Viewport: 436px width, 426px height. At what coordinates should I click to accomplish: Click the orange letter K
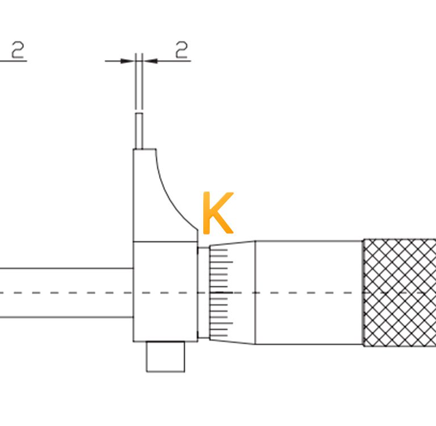(218, 213)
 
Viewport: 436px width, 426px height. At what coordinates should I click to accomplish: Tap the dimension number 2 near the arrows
(182, 50)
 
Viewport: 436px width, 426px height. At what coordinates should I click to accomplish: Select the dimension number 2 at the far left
(18, 50)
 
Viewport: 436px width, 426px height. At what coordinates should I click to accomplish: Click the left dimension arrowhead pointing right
(127, 61)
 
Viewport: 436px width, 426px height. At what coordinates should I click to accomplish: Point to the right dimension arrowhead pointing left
(150, 61)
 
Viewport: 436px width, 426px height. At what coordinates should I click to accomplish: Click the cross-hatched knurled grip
(400, 293)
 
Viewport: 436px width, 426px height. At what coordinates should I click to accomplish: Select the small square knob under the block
(165, 357)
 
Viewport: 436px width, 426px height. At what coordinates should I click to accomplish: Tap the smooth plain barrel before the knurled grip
(309, 293)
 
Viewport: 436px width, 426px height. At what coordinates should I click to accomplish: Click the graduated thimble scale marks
(221, 293)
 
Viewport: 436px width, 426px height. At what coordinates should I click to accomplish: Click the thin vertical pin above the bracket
(139, 131)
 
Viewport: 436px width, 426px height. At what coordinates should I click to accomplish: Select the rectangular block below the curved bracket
(165, 291)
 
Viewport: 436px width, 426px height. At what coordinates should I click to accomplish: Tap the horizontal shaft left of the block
(66, 293)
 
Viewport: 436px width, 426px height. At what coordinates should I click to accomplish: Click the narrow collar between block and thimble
(204, 293)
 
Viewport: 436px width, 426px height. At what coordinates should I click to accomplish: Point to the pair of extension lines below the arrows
(139, 81)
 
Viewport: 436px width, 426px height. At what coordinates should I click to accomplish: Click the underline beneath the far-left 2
(14, 60)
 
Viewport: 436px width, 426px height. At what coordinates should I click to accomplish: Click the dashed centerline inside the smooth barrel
(309, 293)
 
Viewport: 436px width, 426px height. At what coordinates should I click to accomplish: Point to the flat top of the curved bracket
(144, 149)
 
